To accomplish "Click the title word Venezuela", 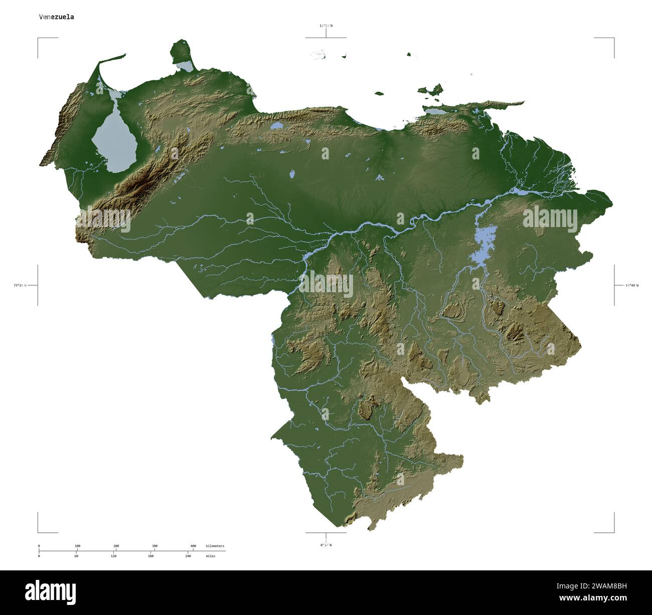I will tap(57, 17).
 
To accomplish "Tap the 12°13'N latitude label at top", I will tap(326, 25).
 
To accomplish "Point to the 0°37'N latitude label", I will tap(326, 545).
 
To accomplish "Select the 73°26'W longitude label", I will tap(20, 285).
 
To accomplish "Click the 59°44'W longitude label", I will tap(632, 285).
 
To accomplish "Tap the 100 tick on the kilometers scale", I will tap(77, 546).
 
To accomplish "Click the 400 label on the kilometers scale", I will tap(193, 546).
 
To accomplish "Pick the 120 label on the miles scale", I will tap(114, 556).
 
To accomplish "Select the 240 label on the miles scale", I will tap(188, 556).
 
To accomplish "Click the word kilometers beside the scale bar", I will tap(215, 546).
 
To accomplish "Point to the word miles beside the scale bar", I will tap(210, 556).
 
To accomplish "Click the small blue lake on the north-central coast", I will tap(276, 126).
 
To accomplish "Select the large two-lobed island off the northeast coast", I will tap(431, 90).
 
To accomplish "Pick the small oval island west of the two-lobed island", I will tap(379, 93).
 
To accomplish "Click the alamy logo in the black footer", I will tap(51, 592).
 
